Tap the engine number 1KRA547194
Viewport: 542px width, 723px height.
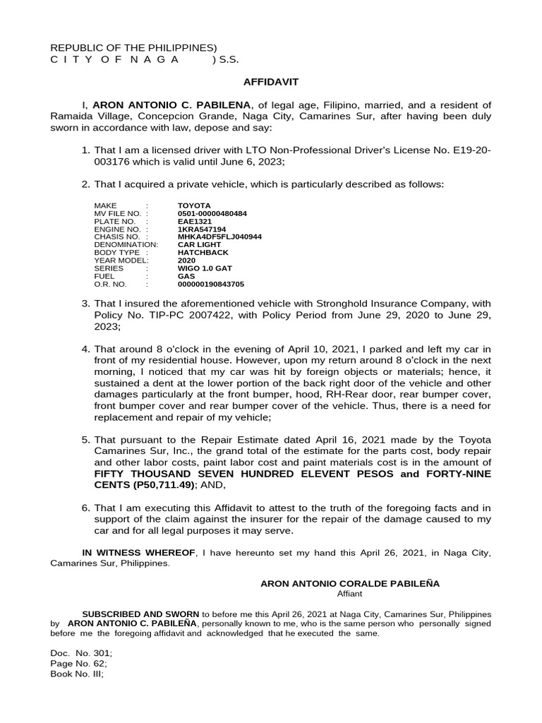202,229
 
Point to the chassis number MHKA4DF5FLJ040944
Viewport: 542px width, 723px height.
219,237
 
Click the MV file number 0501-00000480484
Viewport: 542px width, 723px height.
212,213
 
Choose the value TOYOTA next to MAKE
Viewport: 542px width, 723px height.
194,205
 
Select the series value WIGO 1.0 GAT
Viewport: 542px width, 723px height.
205,268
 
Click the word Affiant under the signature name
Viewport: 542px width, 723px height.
349,594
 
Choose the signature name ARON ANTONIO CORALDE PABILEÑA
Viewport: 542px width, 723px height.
350,584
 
